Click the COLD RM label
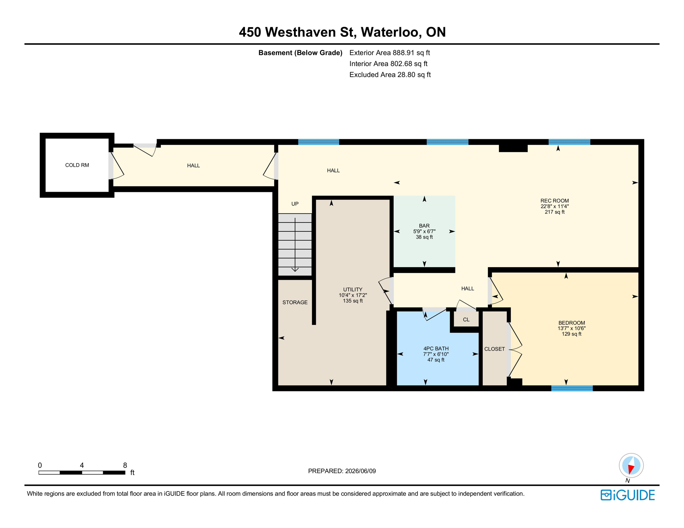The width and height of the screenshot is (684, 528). (77, 165)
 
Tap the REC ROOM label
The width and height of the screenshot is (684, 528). (555, 201)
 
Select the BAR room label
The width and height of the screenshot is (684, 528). (424, 226)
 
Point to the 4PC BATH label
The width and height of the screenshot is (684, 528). (436, 349)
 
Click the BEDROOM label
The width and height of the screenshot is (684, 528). (571, 323)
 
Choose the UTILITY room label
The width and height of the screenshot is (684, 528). (353, 289)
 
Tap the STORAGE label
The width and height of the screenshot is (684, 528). (295, 302)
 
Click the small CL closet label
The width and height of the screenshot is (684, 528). (466, 320)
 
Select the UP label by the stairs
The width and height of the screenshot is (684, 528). (295, 204)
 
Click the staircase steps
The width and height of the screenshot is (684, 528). (295, 244)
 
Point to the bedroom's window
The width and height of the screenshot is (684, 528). (572, 388)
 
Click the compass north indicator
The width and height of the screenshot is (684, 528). (631, 466)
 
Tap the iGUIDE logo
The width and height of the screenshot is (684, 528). (628, 495)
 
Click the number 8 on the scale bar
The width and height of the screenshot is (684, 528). (125, 465)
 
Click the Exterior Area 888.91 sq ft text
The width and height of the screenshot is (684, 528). (389, 53)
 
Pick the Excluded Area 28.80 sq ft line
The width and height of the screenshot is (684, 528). (390, 75)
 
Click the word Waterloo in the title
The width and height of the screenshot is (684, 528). (391, 32)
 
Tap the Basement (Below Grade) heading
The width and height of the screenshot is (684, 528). (300, 53)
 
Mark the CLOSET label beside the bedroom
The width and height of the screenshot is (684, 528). (494, 349)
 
